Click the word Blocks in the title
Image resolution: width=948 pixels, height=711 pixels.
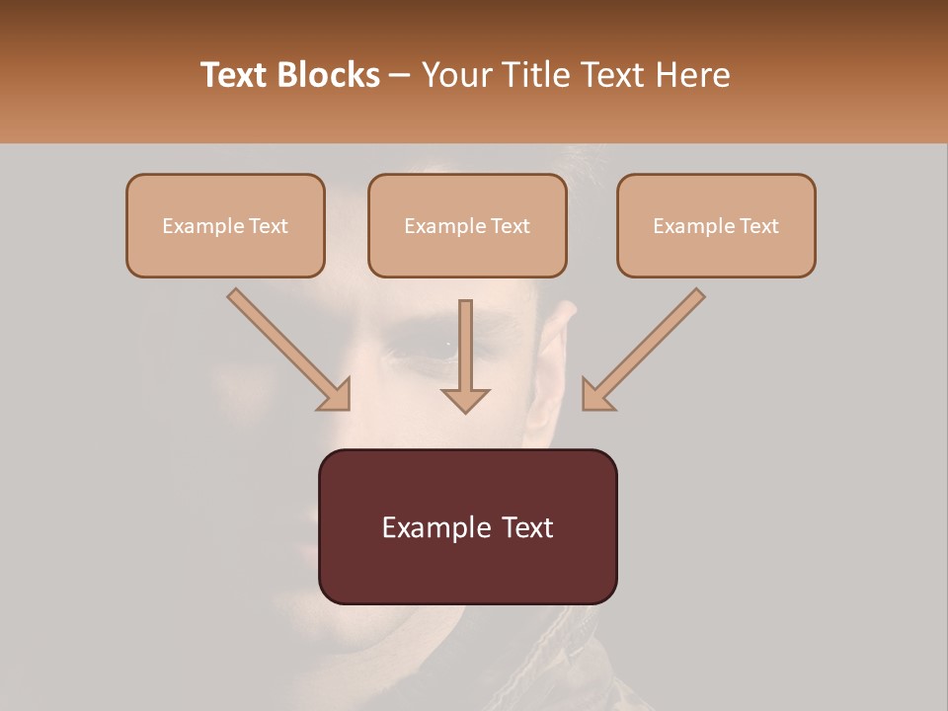[x=328, y=75]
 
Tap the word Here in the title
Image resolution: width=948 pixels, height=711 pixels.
[x=692, y=75]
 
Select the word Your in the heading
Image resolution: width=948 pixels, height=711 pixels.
[x=453, y=75]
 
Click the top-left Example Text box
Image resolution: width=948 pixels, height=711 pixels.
[x=225, y=225]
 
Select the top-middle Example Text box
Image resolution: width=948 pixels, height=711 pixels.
[x=467, y=225]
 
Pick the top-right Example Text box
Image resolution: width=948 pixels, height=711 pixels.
[x=716, y=225]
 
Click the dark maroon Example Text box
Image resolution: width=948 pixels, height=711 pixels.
[x=467, y=526]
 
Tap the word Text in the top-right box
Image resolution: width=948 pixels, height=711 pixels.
[x=758, y=226]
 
